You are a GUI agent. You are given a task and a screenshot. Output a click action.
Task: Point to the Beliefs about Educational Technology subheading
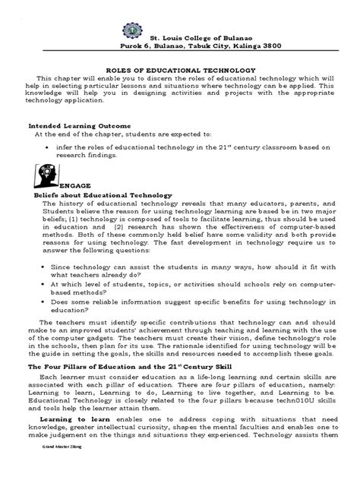click(x=103, y=195)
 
